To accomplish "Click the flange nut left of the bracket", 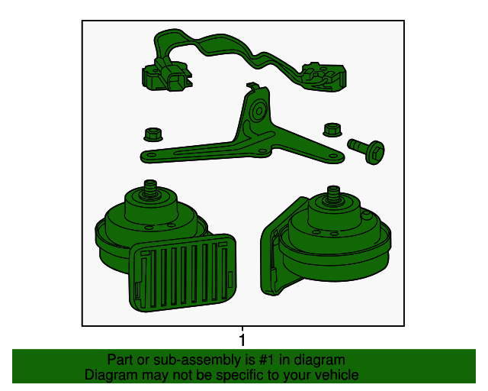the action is pos(152,134).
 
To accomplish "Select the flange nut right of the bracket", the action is pos(332,130).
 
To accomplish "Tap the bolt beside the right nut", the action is pos(368,150).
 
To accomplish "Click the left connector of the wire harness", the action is pos(167,76).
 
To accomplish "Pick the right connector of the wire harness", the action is pos(323,76).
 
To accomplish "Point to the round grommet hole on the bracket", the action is pos(258,111).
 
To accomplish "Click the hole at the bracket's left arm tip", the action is pos(151,155).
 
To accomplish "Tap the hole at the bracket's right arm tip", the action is pos(334,157).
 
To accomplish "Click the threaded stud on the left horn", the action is pos(150,188).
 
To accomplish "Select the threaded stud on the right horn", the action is pos(333,194).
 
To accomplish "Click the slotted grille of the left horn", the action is pos(183,273).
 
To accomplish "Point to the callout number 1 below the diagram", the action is pos(242,340).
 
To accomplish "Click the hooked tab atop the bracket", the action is pos(252,86).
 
